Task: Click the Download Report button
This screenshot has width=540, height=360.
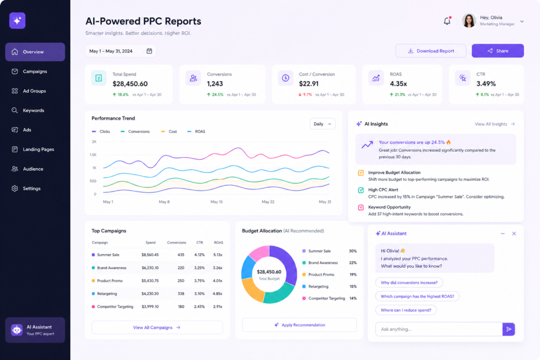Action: click(x=431, y=51)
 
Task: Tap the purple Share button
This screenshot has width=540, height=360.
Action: click(x=497, y=51)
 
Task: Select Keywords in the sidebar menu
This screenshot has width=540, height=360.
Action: click(x=33, y=111)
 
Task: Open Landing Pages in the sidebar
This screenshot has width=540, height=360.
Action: click(x=38, y=150)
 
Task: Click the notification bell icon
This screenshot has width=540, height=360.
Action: click(x=447, y=21)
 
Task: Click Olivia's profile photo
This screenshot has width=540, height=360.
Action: click(x=469, y=21)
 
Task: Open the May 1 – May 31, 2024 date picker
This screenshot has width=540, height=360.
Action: click(x=121, y=51)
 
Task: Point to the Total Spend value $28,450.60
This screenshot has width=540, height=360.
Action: click(x=130, y=84)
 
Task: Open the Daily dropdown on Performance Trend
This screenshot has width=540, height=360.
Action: click(x=322, y=124)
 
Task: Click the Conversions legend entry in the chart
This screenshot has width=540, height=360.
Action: click(x=138, y=131)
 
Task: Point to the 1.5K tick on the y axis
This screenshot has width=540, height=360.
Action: click(x=93, y=155)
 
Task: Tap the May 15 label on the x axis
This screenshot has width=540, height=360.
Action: click(x=217, y=202)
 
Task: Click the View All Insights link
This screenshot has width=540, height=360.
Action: click(x=495, y=124)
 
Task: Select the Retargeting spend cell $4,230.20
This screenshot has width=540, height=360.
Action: click(x=150, y=294)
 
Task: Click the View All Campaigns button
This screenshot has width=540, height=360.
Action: click(x=157, y=327)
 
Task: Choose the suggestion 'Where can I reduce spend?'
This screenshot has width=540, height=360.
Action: click(x=406, y=310)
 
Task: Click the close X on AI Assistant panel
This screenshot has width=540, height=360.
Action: click(x=514, y=233)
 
